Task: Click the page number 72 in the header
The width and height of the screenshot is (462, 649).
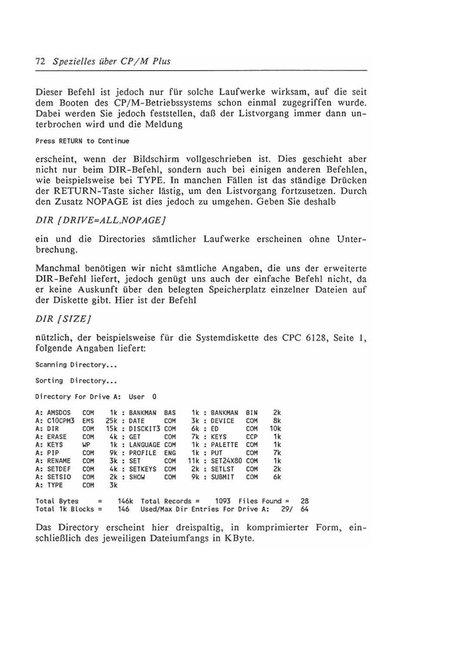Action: pyautogui.click(x=40, y=61)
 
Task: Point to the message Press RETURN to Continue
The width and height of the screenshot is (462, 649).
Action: pyautogui.click(x=82, y=141)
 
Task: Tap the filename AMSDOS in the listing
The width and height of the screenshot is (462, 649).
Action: pyautogui.click(x=59, y=413)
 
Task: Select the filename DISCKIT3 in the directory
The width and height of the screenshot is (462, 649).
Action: pyautogui.click(x=145, y=429)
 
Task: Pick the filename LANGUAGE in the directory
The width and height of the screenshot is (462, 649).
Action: pyautogui.click(x=145, y=444)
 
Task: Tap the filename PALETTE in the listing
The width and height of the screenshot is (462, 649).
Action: pyautogui.click(x=224, y=444)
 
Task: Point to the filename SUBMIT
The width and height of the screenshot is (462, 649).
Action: pyautogui.click(x=223, y=477)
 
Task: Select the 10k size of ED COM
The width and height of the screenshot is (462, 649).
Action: pyautogui.click(x=276, y=429)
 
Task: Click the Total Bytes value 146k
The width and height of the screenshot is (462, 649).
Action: pyautogui.click(x=125, y=501)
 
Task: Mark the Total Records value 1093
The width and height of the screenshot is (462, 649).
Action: pyautogui.click(x=223, y=501)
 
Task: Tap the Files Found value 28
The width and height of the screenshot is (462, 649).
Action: pyautogui.click(x=305, y=501)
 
